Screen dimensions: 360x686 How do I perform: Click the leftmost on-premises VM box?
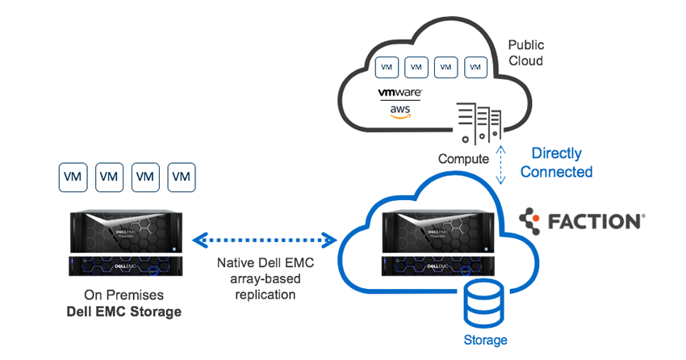pos(73,177)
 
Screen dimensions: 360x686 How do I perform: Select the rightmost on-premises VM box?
pos(182,177)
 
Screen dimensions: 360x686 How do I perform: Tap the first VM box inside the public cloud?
pos(387,66)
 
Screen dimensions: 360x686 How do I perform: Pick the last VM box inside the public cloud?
pos(477,66)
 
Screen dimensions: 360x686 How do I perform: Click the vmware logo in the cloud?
pos(399,93)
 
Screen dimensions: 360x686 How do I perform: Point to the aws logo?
pos(399,111)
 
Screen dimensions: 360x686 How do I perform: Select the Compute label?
pos(463,159)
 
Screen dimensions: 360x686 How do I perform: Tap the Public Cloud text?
pos(525,53)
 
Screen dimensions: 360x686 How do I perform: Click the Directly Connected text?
pos(556,162)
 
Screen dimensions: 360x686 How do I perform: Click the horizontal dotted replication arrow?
pos(264,240)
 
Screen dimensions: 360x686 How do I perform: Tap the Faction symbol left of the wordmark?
pos(532,220)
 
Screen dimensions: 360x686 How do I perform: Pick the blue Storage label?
pos(485,340)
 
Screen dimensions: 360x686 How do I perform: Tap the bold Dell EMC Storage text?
pos(125,311)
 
